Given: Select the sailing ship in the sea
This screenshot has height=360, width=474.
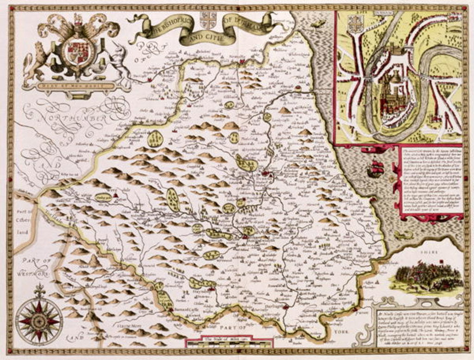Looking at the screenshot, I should (375, 168).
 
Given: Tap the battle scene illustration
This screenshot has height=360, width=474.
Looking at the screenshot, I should (426, 278).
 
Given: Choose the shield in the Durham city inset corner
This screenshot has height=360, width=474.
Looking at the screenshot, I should (355, 24).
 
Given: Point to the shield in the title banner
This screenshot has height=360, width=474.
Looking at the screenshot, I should (208, 19).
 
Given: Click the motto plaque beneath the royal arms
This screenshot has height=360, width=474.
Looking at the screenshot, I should (74, 85).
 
